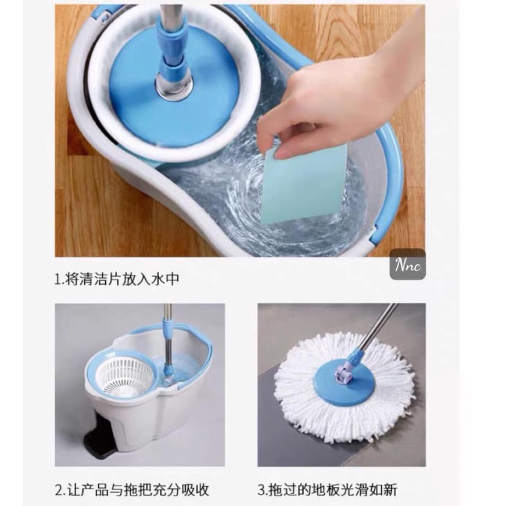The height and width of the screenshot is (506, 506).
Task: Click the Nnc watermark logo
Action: point(408,265)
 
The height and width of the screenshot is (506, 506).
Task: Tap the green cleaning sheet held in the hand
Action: point(303,184)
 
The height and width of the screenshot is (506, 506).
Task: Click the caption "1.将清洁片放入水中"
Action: point(117,279)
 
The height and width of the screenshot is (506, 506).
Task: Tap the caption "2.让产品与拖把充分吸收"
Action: point(132,490)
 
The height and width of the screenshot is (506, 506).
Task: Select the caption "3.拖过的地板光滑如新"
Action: point(328,490)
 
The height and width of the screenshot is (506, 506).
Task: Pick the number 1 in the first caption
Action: point(58,279)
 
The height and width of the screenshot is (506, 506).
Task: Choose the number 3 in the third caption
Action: point(261,490)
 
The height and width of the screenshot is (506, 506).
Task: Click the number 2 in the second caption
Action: point(59,490)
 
